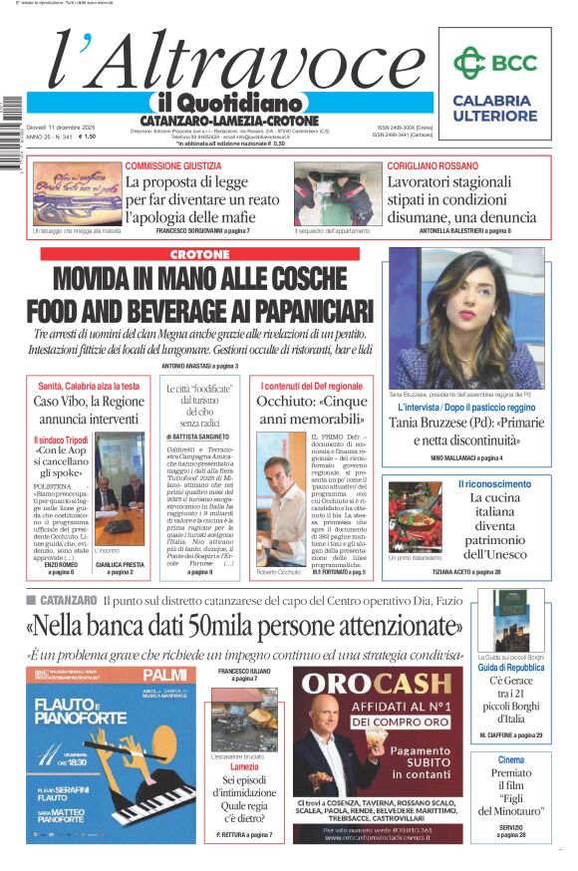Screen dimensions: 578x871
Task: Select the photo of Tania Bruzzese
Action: (x=465, y=319)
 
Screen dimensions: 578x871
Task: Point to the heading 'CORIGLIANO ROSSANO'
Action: (x=433, y=165)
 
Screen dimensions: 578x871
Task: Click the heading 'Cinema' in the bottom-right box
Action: (x=510, y=760)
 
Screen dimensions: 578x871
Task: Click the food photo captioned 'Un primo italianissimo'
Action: (x=415, y=517)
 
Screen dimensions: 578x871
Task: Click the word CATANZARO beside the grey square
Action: (x=69, y=600)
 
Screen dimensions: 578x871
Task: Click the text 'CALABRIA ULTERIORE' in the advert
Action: (x=493, y=109)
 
